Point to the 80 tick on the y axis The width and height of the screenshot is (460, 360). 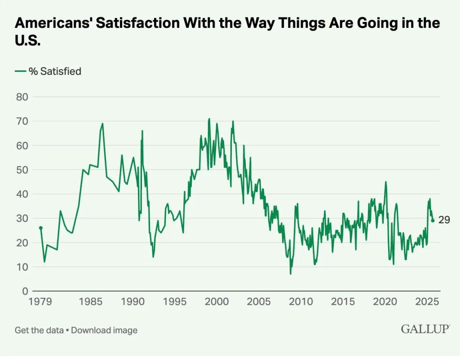tap(22, 97)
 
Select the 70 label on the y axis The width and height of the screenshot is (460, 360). tap(22, 121)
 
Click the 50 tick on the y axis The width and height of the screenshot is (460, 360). tap(22, 170)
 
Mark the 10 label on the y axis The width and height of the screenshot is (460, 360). tap(22, 267)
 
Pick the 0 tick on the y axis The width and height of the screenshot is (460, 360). tap(25, 291)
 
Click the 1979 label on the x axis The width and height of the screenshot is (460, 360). tap(41, 301)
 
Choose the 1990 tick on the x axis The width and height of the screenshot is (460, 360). tap(133, 301)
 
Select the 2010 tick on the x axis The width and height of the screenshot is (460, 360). tap(300, 301)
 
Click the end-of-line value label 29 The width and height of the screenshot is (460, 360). tap(444, 220)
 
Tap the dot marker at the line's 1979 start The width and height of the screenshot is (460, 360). tap(40, 228)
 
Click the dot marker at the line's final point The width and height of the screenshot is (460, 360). tap(433, 220)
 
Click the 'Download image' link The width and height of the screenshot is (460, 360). tap(104, 330)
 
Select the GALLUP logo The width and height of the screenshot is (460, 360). tap(425, 329)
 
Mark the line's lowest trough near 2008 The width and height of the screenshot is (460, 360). tap(291, 274)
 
